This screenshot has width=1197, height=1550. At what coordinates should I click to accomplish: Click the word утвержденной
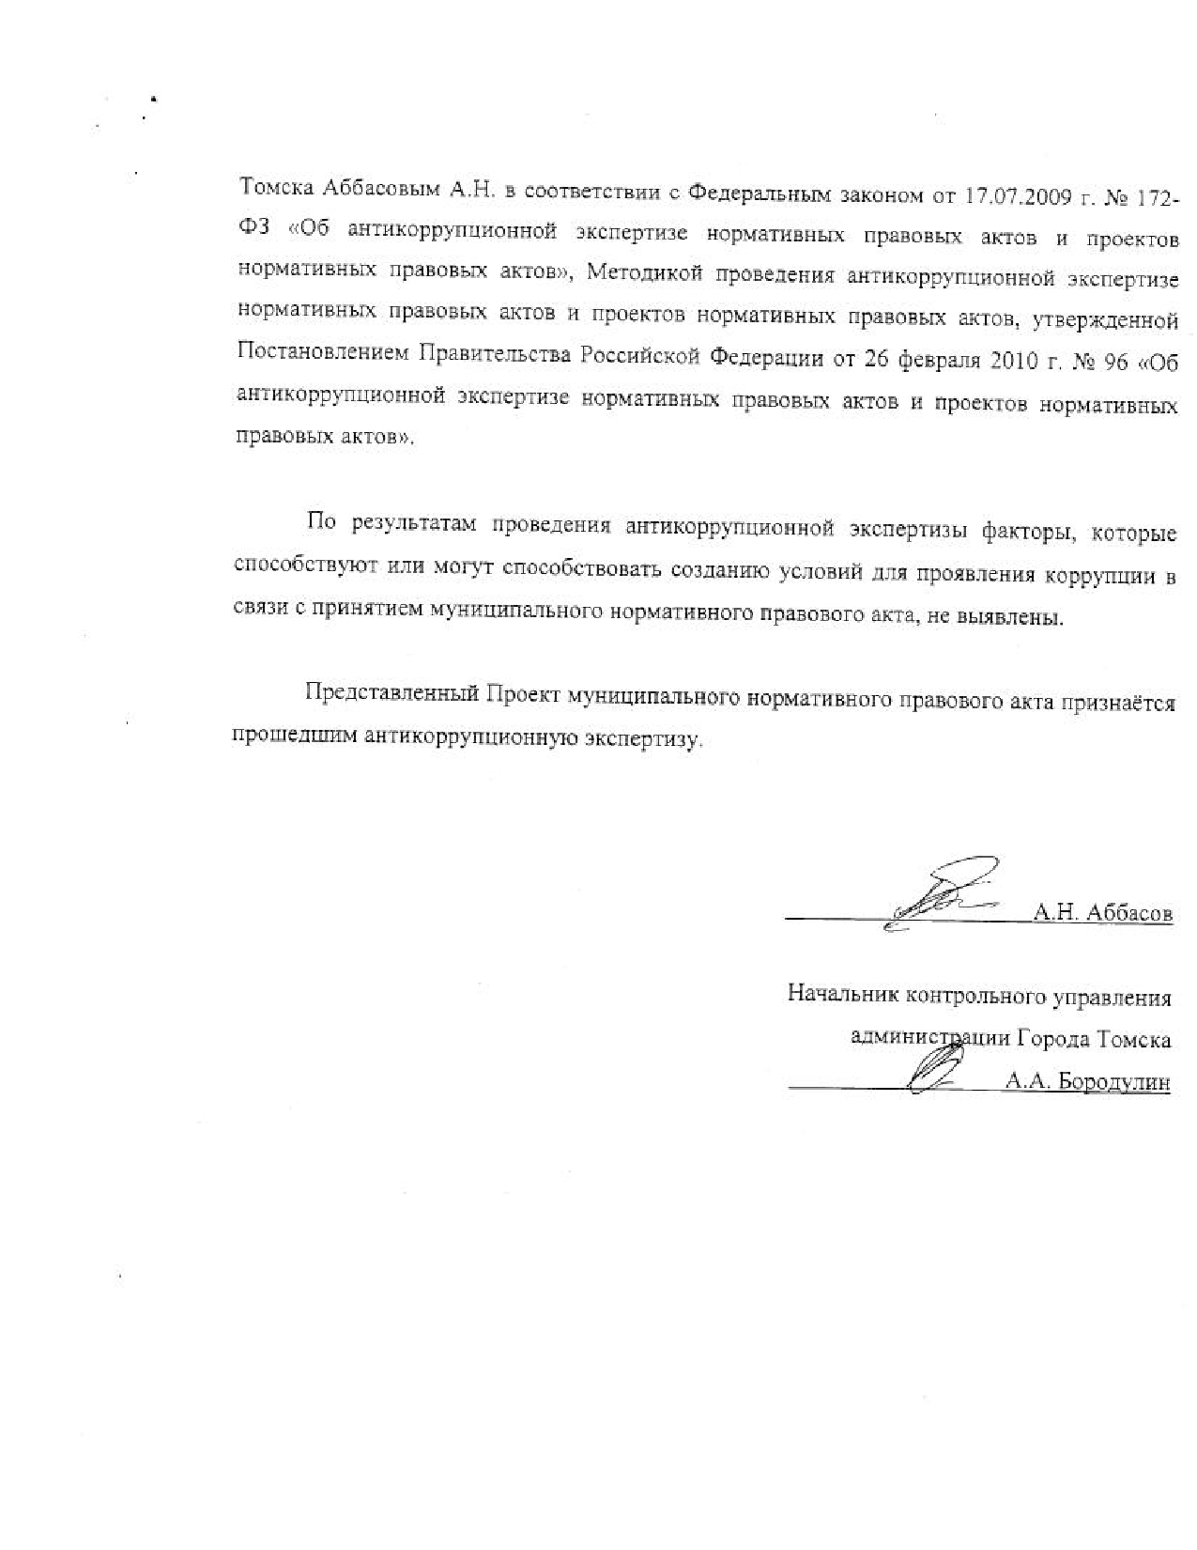(1105, 319)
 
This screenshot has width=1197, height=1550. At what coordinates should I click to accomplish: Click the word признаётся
(1117, 702)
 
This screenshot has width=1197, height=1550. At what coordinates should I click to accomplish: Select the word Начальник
(832, 995)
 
